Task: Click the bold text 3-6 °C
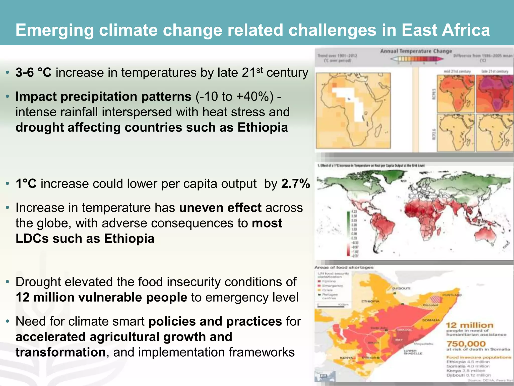pos(33,73)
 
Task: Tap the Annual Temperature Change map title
pos(416,51)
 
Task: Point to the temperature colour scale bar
pos(417,59)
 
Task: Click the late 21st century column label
pos(494,71)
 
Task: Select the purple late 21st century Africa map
pos(494,93)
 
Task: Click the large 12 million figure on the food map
pos(470,325)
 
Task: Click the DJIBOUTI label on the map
pos(401,288)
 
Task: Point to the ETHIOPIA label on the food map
pos(370,301)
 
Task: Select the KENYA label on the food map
pos(347,358)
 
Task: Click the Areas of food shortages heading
pos(344,267)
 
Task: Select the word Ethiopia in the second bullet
pos(263,127)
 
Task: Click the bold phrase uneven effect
pos(220,208)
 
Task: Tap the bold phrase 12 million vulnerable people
pos(101,297)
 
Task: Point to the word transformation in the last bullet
pos(60,352)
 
